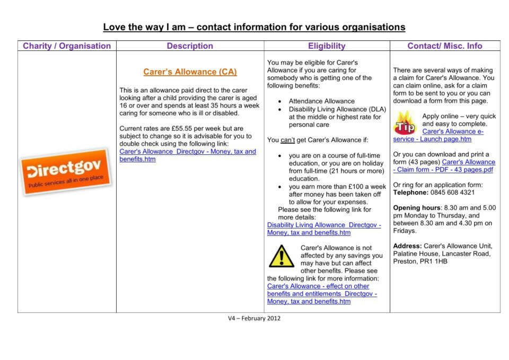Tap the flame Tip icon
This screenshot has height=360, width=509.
[x=405, y=123]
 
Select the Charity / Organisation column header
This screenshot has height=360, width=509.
[x=67, y=46]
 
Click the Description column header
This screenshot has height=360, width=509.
[x=190, y=46]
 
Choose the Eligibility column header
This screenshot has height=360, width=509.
[x=327, y=46]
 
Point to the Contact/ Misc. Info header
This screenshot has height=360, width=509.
[x=445, y=46]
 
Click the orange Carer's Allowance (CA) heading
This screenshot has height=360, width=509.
[x=190, y=72]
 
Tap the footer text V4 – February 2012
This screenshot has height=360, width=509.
[x=254, y=319]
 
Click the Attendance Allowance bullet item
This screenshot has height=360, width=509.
[x=321, y=101]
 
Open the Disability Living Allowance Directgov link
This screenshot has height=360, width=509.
[x=323, y=229]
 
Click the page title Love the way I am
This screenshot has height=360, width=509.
[x=254, y=27]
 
